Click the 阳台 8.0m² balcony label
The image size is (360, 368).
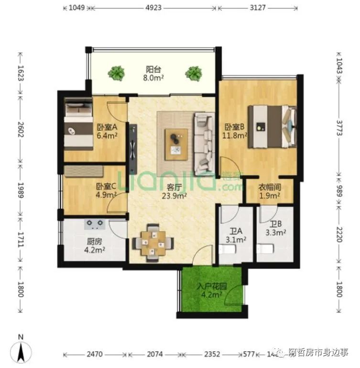[153, 72]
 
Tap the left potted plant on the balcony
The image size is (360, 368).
[116, 73]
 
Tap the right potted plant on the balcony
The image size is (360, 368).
[194, 73]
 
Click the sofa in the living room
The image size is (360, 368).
[204, 143]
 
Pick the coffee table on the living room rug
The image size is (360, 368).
[176, 144]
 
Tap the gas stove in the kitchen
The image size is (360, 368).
[95, 223]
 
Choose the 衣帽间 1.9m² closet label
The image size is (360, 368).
[269, 191]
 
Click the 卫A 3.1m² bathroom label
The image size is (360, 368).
[235, 235]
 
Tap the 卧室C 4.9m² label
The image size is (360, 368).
[106, 190]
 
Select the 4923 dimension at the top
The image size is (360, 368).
[153, 8]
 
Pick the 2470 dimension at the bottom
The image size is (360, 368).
[95, 355]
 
